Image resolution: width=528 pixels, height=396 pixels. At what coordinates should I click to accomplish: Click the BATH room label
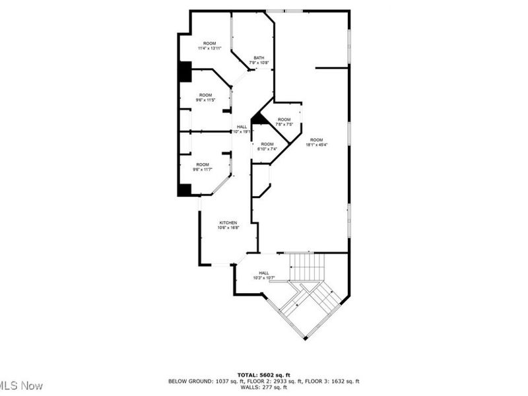pos(259,58)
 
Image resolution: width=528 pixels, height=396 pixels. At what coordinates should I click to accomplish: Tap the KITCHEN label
pos(228,223)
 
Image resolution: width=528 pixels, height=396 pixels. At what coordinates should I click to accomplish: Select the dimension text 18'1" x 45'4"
pos(317,145)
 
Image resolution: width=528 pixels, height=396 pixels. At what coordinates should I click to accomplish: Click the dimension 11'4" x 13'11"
pos(209,48)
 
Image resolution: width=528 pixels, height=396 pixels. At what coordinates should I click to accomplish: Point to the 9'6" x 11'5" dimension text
pos(206,100)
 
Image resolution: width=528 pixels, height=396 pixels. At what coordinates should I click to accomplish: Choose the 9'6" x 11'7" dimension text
pos(203,170)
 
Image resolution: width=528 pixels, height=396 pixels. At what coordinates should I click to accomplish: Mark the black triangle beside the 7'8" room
pos(259,119)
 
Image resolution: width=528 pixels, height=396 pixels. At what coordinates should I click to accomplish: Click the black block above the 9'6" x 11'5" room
pos(185,72)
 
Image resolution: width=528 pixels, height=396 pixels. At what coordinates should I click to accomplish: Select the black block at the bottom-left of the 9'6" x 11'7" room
pos(184,189)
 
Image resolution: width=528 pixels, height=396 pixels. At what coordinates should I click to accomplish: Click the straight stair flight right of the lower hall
pos(308,267)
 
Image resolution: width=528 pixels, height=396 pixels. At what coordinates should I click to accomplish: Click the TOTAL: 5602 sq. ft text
pos(264,374)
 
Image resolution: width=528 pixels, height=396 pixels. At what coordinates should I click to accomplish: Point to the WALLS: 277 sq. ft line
pos(264,387)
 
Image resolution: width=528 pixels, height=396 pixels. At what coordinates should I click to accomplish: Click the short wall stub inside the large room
pos(331,67)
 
